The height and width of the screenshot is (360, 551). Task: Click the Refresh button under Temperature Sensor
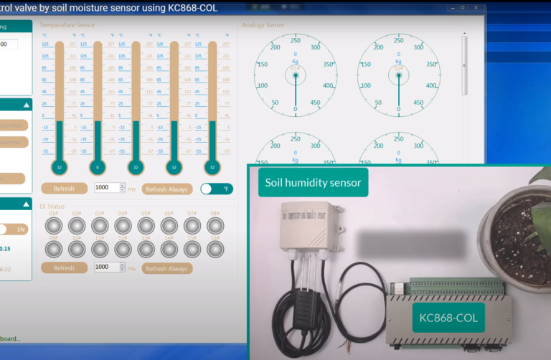(64, 189)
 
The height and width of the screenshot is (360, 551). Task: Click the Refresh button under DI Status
(64, 268)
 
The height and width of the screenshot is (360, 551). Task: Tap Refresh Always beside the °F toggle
(167, 189)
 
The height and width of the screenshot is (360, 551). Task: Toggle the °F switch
(216, 189)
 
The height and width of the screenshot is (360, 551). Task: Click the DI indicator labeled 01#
(54, 225)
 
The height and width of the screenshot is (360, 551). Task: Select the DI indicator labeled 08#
(215, 225)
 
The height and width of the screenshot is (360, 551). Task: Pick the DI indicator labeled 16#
(215, 248)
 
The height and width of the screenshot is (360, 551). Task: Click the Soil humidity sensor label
(313, 182)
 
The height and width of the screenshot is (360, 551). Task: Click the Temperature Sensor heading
(67, 25)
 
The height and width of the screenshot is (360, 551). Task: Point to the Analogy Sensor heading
(263, 25)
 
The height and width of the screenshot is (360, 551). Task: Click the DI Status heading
(53, 207)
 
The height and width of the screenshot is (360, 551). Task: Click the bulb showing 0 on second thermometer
(97, 166)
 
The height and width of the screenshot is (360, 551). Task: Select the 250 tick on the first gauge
(296, 40)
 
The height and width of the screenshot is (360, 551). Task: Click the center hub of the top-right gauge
(399, 75)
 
